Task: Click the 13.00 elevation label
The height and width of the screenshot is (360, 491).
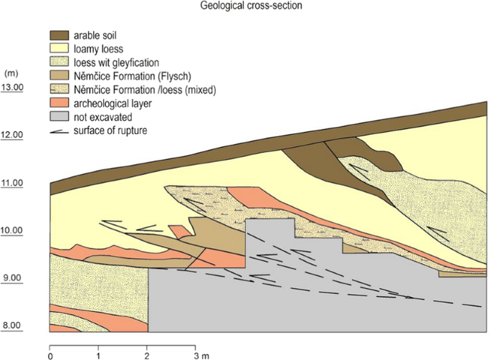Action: [x=14, y=87]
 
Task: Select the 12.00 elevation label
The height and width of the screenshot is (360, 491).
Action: [x=14, y=135]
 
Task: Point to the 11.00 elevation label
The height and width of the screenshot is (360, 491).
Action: [x=14, y=183]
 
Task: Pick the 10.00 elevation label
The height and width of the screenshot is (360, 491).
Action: [x=14, y=231]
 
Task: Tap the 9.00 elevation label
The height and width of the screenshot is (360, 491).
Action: [x=14, y=278]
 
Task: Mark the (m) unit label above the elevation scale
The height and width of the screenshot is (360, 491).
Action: [x=11, y=73]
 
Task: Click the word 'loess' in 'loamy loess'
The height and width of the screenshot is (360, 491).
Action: [x=111, y=49]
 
